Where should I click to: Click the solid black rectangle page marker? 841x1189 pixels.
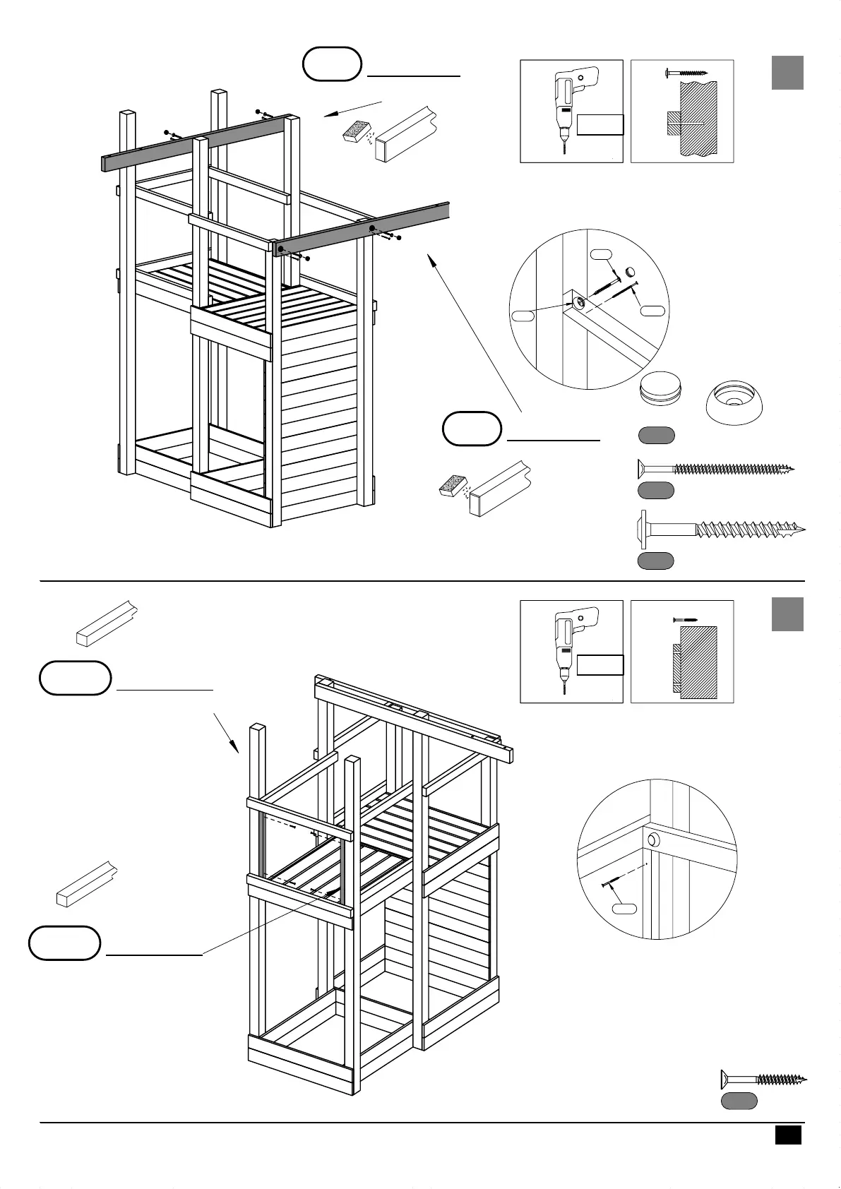(788, 1135)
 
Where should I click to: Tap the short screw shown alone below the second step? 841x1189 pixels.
(763, 1079)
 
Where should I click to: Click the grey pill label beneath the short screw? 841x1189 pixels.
(739, 1101)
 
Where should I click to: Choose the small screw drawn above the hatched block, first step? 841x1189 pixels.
(686, 72)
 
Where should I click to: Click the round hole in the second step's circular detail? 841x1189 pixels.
(654, 840)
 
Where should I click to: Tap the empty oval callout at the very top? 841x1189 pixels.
(332, 64)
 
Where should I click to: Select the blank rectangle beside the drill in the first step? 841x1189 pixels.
(600, 124)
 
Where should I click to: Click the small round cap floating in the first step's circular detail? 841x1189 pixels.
(631, 271)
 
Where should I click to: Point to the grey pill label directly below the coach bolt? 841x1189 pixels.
(655, 561)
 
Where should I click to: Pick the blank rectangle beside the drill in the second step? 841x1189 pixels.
(600, 665)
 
